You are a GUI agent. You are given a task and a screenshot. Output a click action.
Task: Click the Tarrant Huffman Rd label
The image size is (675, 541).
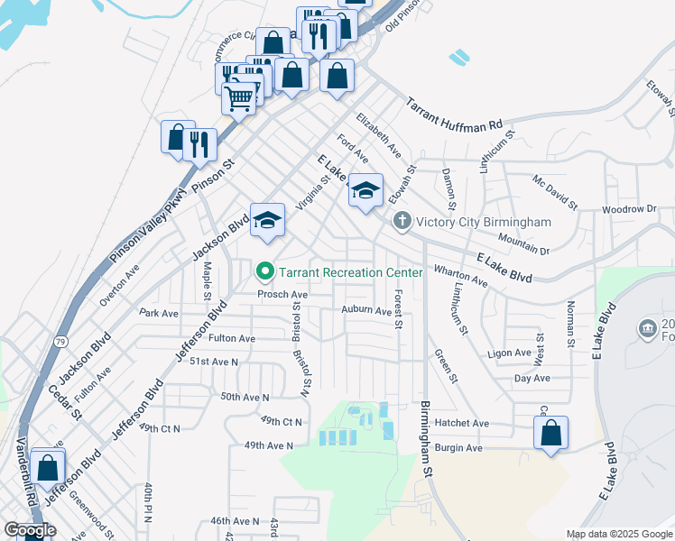pyautogui.click(x=452, y=113)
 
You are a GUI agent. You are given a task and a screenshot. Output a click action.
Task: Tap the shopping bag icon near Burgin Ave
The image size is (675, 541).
pyautogui.click(x=550, y=434)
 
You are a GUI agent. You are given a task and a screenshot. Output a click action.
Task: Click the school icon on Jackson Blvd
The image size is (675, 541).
pyautogui.click(x=267, y=220)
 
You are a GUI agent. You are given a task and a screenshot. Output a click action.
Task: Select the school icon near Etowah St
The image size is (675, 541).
pyautogui.click(x=365, y=190)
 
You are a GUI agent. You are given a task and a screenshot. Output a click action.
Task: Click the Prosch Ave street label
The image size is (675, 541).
pyautogui.click(x=282, y=294)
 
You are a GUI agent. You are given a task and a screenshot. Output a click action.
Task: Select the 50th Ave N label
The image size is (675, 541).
pyautogui.click(x=245, y=397)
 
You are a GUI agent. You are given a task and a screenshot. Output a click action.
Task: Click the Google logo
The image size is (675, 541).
pyautogui.click(x=30, y=530)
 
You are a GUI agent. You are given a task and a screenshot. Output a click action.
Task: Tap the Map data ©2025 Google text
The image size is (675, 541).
pyautogui.click(x=619, y=534)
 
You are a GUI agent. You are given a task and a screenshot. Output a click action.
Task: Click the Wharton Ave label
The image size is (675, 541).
pyautogui.click(x=460, y=276)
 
